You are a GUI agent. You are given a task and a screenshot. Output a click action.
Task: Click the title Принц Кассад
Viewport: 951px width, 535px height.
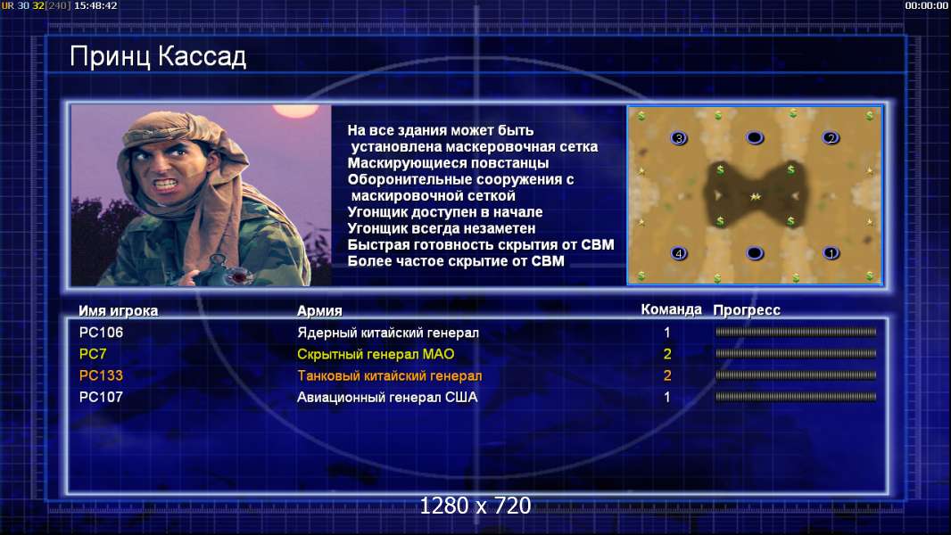[x=158, y=57]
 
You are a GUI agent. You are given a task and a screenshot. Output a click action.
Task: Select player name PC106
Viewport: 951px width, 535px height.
[x=101, y=333]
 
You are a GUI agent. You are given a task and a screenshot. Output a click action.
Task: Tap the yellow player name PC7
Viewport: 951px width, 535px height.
[x=93, y=354]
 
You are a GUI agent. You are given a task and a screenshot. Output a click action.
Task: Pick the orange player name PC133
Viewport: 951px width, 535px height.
[x=101, y=375]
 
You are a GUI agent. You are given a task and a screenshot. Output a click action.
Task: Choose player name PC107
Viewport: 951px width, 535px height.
[x=101, y=398]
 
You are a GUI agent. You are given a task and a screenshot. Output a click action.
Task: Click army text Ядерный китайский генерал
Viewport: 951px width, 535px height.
[x=388, y=333]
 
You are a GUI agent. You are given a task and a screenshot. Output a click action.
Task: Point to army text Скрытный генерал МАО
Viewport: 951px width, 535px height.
[x=376, y=355]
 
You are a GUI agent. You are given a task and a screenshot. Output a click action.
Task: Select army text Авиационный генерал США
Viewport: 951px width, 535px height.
[x=387, y=398]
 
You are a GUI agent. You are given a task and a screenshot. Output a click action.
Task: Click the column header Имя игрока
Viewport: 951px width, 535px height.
[x=119, y=311]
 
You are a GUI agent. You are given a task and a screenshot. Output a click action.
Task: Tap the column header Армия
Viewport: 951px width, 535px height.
[x=319, y=311]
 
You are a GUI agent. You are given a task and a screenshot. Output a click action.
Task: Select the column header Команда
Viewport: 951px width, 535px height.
[x=672, y=309]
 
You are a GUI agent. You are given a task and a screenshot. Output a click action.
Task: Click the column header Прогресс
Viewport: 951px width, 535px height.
[x=747, y=310]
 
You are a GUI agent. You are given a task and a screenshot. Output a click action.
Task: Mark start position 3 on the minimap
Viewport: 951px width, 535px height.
[x=679, y=138]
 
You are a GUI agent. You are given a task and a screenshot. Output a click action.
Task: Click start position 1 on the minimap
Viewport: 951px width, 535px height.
[x=831, y=253]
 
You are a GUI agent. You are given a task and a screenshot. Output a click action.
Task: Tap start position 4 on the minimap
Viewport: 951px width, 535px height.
[x=679, y=253]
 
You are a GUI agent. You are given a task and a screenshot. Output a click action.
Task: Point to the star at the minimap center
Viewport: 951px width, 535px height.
[x=755, y=196]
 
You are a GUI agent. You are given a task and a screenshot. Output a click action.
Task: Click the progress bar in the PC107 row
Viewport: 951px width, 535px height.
[x=796, y=398]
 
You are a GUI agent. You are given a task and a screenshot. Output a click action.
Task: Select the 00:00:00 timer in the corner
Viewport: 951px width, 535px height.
[x=926, y=5]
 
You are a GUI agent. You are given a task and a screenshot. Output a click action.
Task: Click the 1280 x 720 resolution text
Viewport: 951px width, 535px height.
[x=475, y=506]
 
